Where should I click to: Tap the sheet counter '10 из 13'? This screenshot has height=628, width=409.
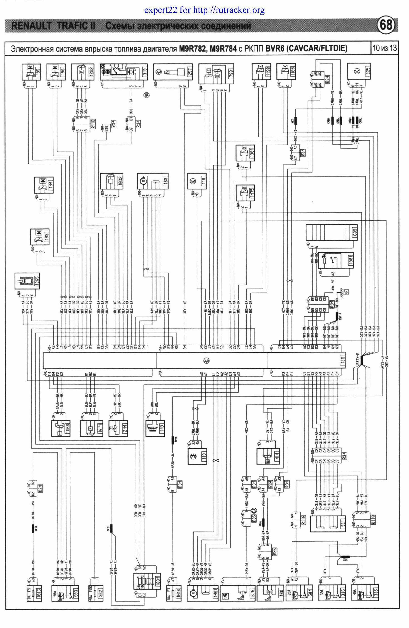tap(384, 48)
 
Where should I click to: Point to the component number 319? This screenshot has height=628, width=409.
tap(145, 72)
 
